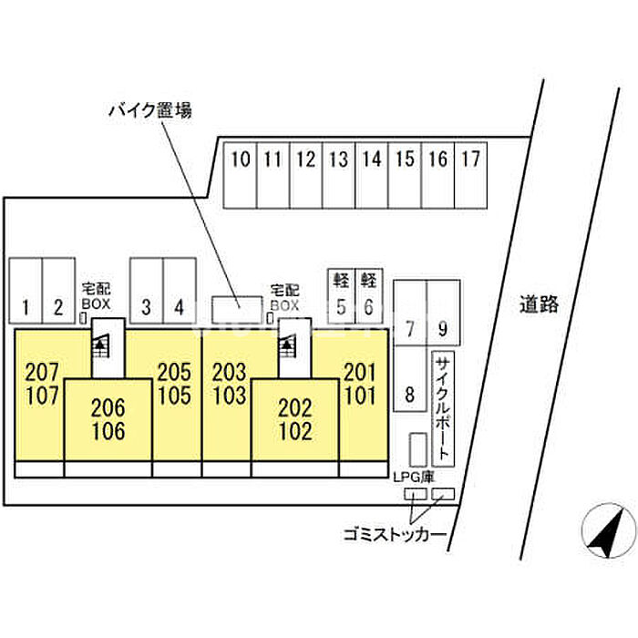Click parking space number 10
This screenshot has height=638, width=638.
[241, 175]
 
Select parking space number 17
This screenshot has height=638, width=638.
[471, 175]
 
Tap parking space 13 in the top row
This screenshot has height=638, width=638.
[339, 175]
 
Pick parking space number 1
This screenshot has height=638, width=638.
[26, 291]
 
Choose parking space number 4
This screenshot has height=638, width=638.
[180, 291]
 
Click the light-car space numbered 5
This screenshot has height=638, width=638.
[342, 296]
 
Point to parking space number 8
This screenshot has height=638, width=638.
[410, 378]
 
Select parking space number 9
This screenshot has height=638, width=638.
[444, 313]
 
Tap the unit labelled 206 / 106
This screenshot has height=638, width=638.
[108, 420]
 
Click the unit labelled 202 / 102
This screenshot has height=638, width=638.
[295, 420]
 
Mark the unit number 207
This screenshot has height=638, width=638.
[42, 372]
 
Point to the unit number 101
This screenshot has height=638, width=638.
[361, 396]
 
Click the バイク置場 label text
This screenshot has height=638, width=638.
[150, 110]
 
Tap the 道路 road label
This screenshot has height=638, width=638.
[540, 304]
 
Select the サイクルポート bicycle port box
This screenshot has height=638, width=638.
[443, 409]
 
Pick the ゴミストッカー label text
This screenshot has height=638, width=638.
[395, 534]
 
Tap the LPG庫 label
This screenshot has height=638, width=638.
[414, 477]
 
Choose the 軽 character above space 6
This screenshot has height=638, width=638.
[368, 280]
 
